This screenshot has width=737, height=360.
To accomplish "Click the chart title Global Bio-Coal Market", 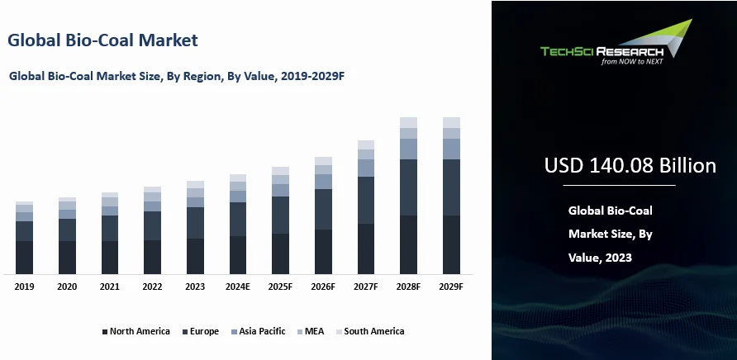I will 102,40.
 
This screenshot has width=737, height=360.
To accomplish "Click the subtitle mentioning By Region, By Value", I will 176,75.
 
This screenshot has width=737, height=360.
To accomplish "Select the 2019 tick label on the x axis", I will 24,287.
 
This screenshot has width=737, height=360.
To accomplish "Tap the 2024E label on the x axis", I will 237,287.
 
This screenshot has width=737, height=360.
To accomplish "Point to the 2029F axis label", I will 451,287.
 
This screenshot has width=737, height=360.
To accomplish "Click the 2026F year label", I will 323,287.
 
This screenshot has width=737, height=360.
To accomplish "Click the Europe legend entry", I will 203,331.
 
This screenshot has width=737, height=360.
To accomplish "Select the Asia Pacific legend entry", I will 261,331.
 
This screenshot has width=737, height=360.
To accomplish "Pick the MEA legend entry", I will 313,331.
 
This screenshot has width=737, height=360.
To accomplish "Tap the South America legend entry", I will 373,331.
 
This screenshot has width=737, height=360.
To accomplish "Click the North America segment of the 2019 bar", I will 24,257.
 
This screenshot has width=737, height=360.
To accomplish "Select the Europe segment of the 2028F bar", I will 408,187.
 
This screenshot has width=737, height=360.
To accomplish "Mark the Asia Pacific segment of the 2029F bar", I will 451,149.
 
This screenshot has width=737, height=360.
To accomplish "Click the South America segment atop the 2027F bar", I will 365,144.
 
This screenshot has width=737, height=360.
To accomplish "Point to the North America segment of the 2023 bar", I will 195,256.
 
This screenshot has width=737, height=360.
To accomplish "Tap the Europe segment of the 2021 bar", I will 109,228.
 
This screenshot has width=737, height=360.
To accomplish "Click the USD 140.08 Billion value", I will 630,166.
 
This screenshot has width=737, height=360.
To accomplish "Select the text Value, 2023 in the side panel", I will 600,258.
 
